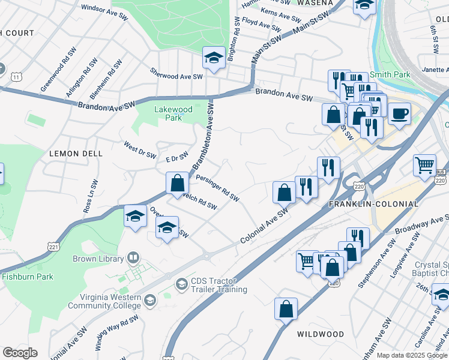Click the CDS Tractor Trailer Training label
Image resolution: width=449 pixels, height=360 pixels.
(x=218, y=286)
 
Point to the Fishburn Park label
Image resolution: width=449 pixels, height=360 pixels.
(x=28, y=277)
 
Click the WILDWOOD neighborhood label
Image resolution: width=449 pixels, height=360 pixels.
(x=320, y=334)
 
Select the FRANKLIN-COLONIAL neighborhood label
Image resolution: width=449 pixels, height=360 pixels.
(x=373, y=204)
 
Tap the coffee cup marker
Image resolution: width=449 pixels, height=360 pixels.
(x=399, y=113)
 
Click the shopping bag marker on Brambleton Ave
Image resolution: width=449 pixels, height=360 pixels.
(x=178, y=182)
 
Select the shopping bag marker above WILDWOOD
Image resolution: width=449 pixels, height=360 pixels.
(x=286, y=308)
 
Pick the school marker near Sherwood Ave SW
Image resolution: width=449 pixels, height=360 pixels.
(x=213, y=58)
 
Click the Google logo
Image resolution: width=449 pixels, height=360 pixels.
(x=19, y=353)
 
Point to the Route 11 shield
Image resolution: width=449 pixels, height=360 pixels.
(x=17, y=76)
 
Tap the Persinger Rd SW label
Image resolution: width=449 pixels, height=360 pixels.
(x=217, y=188)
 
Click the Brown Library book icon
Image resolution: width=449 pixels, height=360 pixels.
(x=133, y=259)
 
